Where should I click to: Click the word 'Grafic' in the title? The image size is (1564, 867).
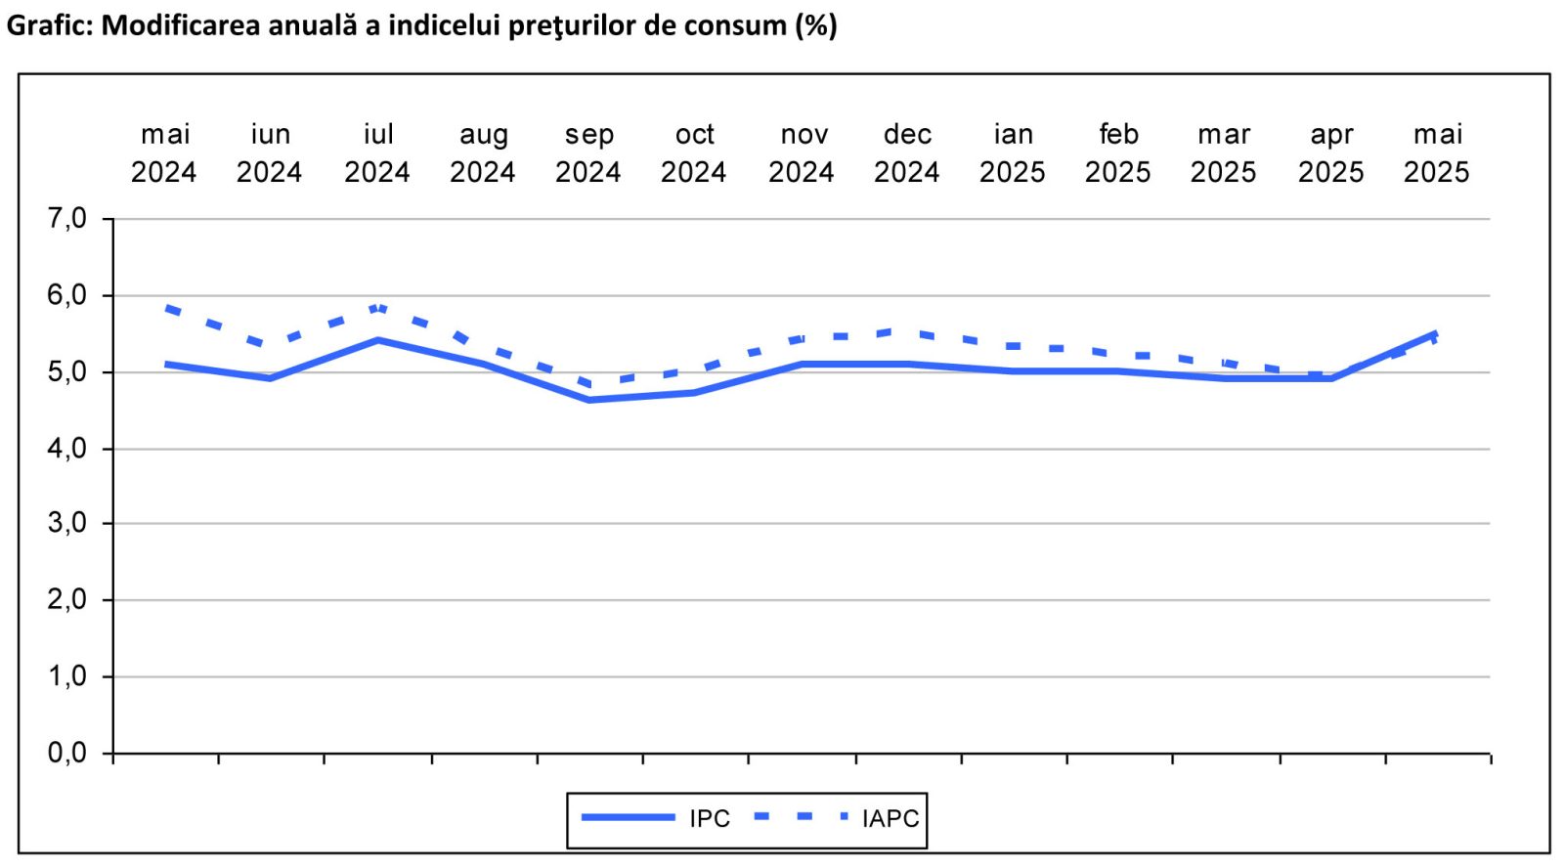(x=47, y=24)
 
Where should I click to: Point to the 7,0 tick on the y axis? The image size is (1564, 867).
(x=66, y=219)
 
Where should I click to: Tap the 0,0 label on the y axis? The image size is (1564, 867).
(x=66, y=753)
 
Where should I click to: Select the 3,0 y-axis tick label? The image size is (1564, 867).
(x=66, y=523)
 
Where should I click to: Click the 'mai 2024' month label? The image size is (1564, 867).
(x=164, y=153)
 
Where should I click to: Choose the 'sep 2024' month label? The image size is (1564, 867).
(x=588, y=153)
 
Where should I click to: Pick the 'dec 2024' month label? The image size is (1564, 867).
(x=907, y=153)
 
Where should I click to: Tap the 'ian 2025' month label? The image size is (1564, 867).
(x=1013, y=153)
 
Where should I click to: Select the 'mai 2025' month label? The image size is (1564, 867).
(x=1437, y=153)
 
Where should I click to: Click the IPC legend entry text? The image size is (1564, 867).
(x=710, y=818)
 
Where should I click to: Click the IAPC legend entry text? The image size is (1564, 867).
(x=891, y=818)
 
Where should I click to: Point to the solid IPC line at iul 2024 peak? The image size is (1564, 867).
(x=377, y=340)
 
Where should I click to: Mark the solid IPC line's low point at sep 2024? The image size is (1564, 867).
(x=589, y=400)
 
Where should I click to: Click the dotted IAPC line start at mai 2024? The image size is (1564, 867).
(x=168, y=308)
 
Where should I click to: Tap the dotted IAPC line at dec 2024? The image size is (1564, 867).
(x=907, y=332)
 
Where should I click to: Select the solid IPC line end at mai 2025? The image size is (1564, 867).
(x=1435, y=334)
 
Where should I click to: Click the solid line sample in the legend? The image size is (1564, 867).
(x=628, y=817)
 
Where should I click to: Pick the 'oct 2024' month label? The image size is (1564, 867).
(x=694, y=153)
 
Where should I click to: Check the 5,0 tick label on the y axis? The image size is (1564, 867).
(x=66, y=372)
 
